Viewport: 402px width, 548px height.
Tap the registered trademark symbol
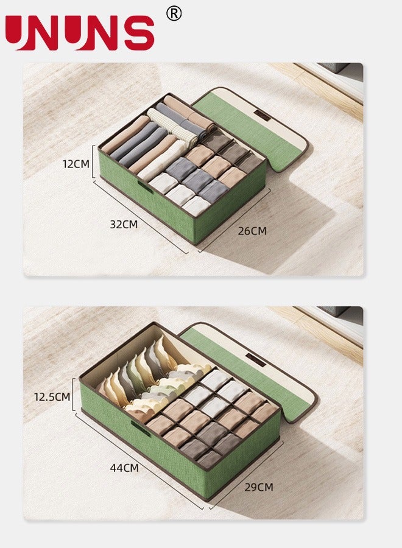click(174, 13)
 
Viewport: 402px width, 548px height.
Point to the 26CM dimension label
click(252, 231)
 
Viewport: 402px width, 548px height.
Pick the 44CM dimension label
click(124, 468)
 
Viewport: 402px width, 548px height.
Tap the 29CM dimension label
click(258, 487)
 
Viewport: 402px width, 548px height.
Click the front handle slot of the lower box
click(141, 427)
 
